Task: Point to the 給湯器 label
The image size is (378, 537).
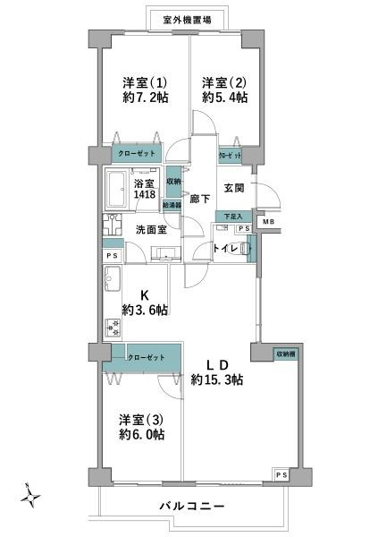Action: click(x=172, y=205)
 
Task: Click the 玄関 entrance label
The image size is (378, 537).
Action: click(x=234, y=187)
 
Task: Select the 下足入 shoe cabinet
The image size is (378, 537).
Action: click(x=232, y=216)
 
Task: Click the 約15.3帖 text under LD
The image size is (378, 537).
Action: click(x=217, y=380)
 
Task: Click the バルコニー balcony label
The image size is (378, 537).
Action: click(x=192, y=507)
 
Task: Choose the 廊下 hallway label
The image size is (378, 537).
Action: click(x=200, y=200)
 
